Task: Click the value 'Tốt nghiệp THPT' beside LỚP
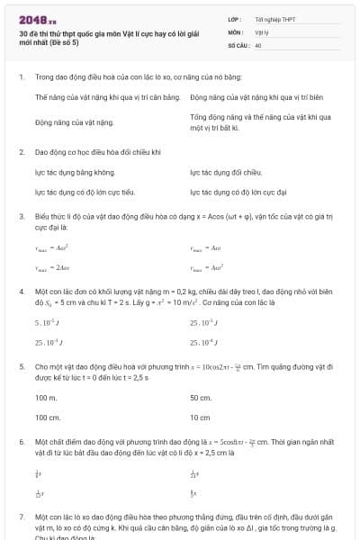pyautogui.click(x=274, y=18)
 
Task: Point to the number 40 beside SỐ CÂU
pyautogui.click(x=258, y=44)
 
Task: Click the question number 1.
pyautogui.click(x=21, y=77)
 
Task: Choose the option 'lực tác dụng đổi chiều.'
pyautogui.click(x=226, y=172)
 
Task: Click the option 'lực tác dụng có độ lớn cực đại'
pyautogui.click(x=238, y=192)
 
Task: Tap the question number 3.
pyautogui.click(x=21, y=217)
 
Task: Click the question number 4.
pyautogui.click(x=21, y=292)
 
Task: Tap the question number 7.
pyautogui.click(x=21, y=518)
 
